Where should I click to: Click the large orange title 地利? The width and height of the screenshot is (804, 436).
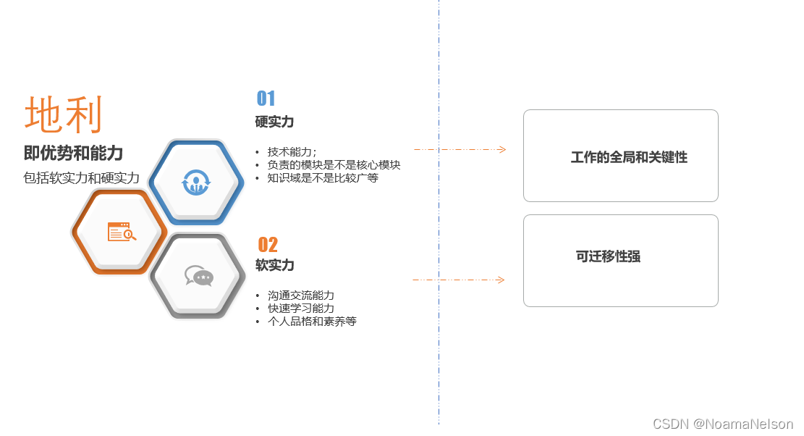64,114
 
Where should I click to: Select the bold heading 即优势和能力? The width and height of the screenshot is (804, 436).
73,153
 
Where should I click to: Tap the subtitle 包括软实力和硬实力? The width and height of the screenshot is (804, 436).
81,177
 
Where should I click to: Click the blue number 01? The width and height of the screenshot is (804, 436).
266,98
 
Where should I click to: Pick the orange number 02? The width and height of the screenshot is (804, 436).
268,245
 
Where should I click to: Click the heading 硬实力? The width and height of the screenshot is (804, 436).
274,122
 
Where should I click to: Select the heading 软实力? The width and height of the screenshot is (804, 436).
274,265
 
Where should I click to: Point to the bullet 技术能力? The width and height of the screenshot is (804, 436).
292,151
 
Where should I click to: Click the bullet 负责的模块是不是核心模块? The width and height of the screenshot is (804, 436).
334,164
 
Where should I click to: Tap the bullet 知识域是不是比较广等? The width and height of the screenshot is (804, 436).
323,177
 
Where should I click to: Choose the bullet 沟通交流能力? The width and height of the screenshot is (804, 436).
301,295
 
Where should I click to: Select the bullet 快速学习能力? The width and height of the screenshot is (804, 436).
301,308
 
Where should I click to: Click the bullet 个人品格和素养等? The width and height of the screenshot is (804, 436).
312,321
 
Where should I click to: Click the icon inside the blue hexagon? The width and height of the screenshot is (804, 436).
195,182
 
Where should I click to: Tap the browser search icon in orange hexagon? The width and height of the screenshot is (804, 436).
121,232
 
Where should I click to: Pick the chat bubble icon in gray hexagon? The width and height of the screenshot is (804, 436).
198,276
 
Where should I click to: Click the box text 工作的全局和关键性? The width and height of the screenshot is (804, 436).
629,157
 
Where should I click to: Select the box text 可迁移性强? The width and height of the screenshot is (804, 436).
608,256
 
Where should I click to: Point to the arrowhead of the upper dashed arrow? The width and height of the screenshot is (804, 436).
502,150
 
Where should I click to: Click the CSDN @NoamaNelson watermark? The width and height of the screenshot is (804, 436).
722,424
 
